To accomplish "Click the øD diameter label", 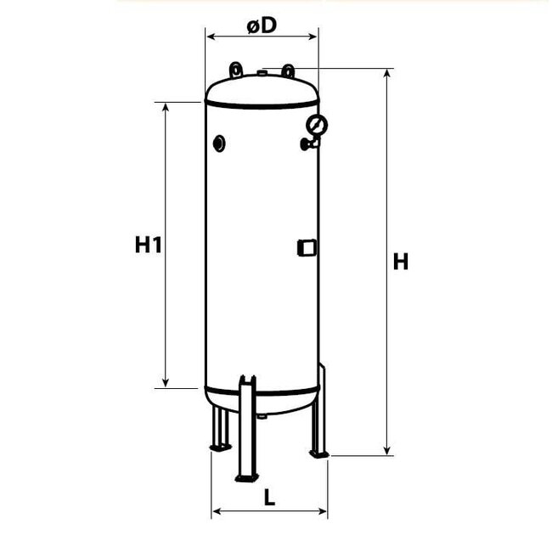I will point(262,25).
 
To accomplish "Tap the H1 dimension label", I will point(148,246).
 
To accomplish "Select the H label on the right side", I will point(401,262).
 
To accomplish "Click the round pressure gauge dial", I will point(317,127).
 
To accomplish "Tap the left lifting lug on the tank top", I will point(234,69).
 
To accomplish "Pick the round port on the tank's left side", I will point(220,144).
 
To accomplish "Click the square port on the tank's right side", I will point(306,247).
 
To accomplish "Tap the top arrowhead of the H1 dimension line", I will point(165,106).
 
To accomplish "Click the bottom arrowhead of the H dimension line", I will point(387,451).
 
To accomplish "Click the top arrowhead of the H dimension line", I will point(387,74).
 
